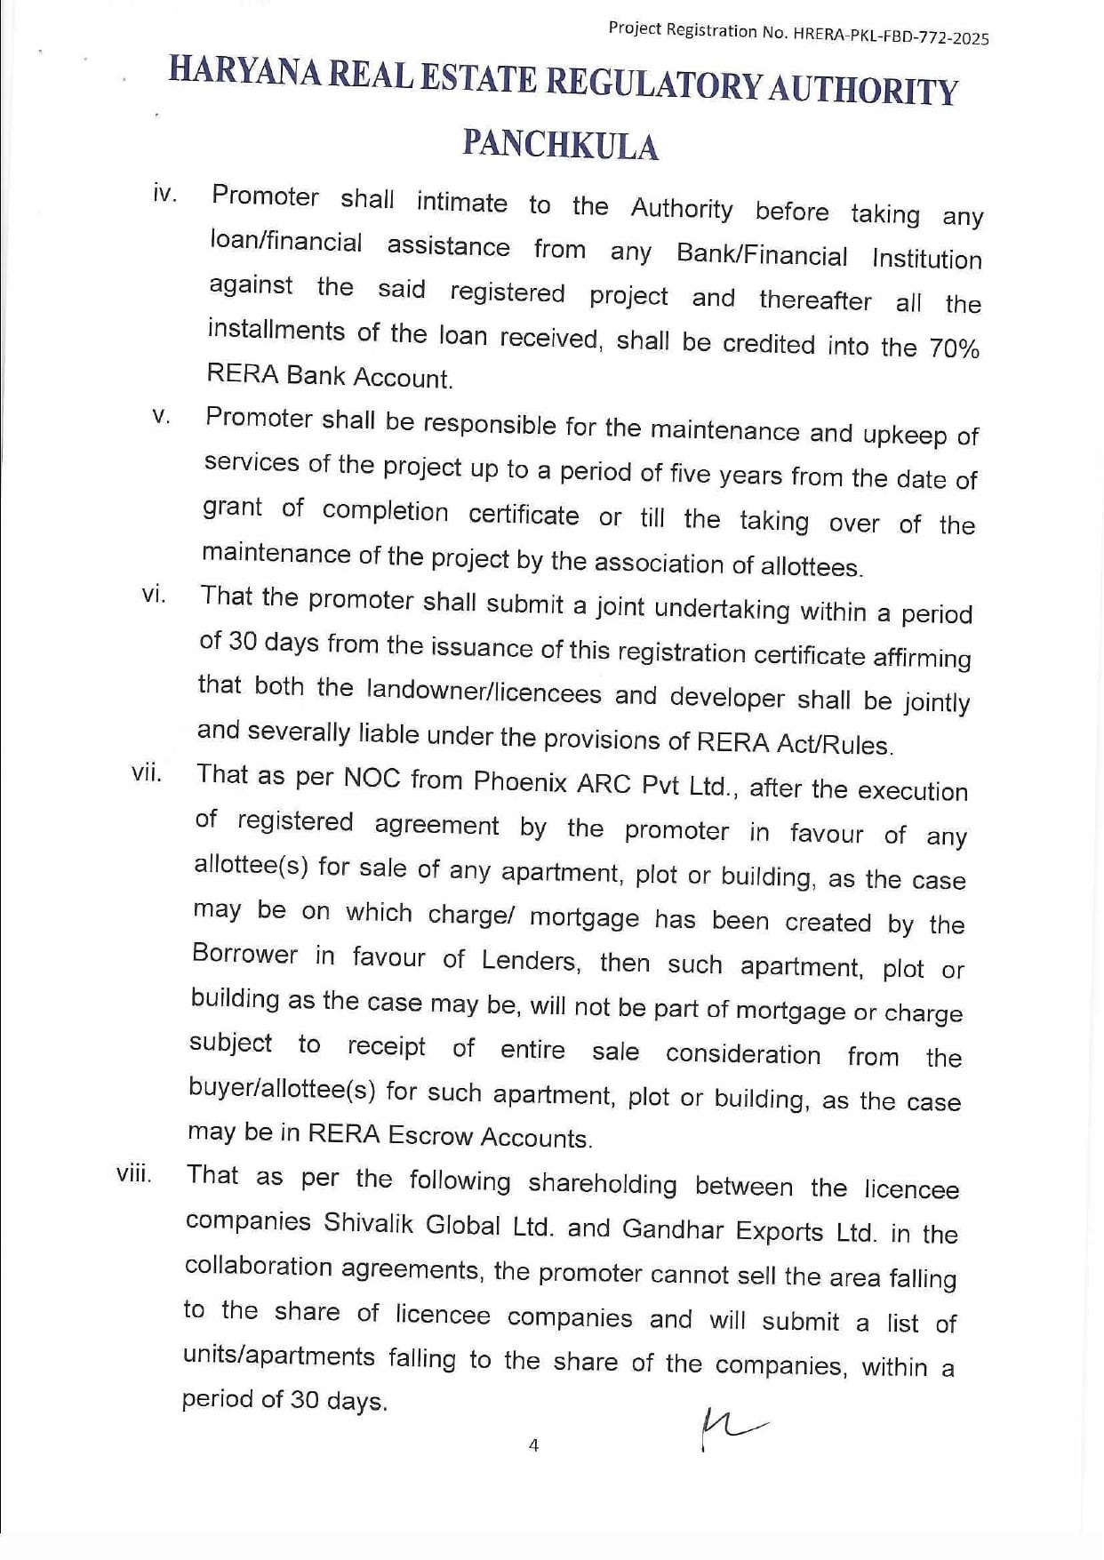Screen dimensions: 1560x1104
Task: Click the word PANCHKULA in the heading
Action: coord(560,145)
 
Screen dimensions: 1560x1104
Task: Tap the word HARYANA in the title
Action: coord(244,71)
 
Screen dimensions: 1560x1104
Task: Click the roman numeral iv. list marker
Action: coord(164,194)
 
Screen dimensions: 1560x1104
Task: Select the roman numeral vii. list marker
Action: coord(147,772)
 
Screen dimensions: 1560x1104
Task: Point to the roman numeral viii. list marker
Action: coord(133,1173)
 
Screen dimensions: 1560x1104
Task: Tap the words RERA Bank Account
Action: coord(330,376)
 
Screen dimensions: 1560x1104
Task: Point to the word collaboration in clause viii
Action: coord(258,1266)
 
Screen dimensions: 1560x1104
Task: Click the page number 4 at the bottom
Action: coord(533,1445)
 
